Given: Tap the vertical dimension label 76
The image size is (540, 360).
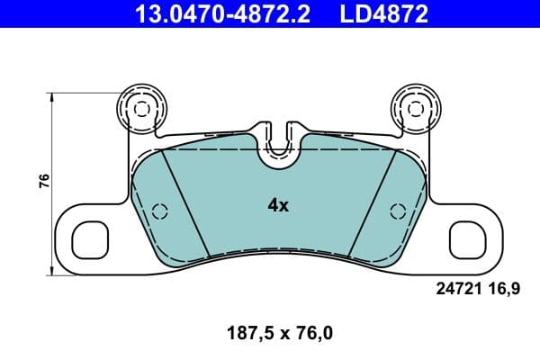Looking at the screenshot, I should click(x=43, y=180).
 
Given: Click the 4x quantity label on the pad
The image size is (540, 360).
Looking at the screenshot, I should click(x=278, y=205).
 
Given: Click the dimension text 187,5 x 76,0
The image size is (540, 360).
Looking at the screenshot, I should click(x=278, y=333).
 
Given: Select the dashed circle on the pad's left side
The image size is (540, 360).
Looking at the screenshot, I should click(x=159, y=211).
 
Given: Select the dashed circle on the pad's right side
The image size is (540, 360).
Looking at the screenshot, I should click(x=396, y=211).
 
